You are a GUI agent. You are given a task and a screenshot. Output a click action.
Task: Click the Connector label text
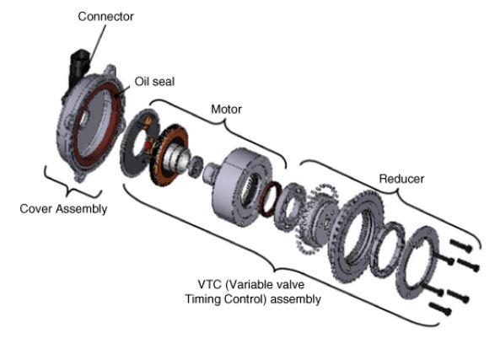105,17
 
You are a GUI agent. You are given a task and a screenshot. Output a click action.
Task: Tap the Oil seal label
154,82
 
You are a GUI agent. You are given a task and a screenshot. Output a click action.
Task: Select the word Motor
227,110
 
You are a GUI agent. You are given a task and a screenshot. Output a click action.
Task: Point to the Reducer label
401,179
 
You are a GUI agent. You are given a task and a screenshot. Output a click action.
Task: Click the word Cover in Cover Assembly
36,209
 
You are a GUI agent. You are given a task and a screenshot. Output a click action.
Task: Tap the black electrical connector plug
78,68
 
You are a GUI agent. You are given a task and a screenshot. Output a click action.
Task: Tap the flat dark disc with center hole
138,143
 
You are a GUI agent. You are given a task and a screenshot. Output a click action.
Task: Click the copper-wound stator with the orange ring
169,154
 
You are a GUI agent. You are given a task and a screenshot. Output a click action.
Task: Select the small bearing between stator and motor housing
195,167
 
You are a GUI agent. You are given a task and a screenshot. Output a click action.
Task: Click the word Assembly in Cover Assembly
81,209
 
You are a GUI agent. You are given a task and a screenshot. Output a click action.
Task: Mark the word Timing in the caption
203,299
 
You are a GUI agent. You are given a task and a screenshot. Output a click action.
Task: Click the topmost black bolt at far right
460,245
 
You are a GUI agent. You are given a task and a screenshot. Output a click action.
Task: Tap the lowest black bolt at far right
440,309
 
